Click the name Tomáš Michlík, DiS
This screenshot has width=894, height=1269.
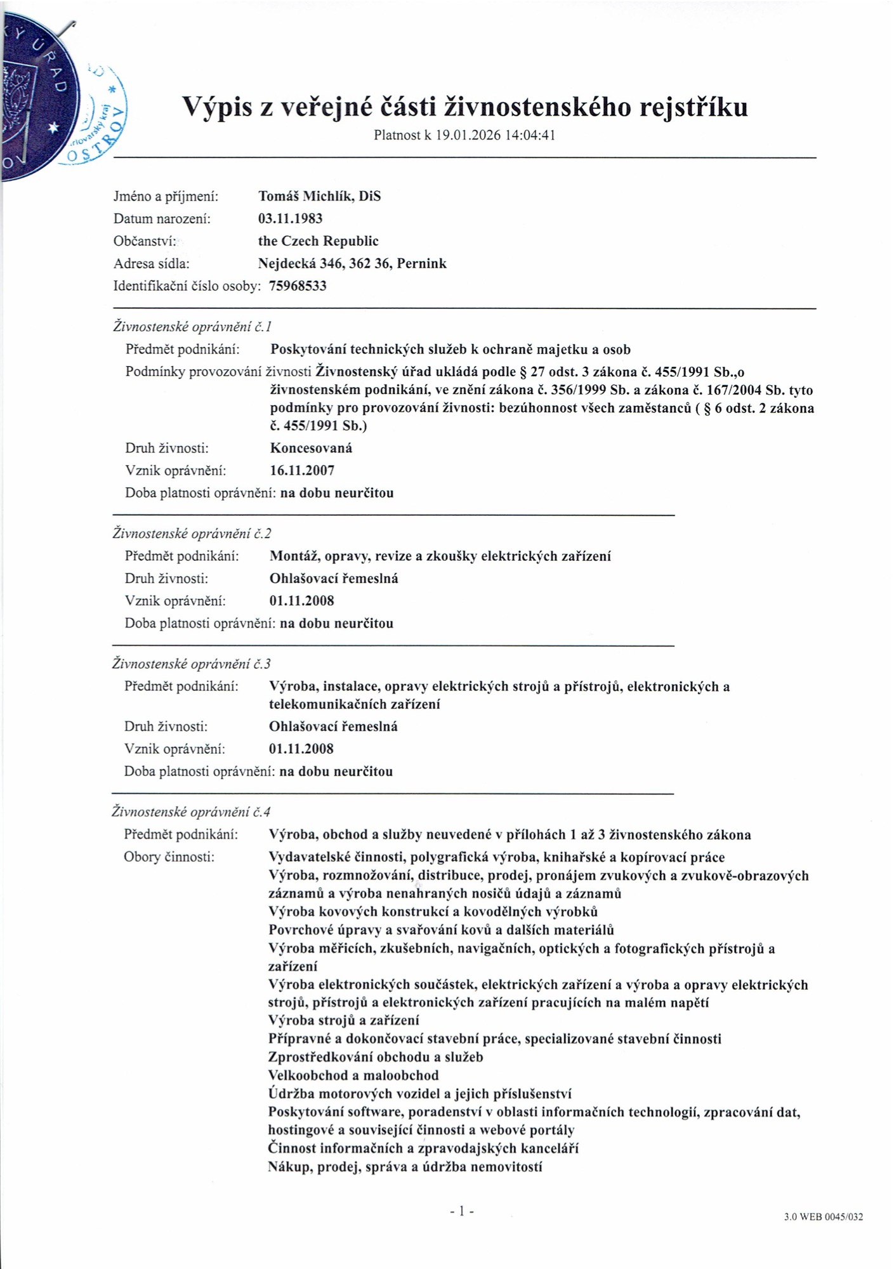click(320, 196)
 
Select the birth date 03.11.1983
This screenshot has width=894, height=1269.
click(291, 219)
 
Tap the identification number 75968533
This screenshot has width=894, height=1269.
click(298, 286)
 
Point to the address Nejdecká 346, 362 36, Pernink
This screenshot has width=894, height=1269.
click(353, 263)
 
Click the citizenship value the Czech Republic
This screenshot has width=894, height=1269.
click(319, 241)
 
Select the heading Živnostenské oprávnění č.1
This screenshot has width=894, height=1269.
click(192, 327)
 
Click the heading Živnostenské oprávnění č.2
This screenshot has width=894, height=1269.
click(192, 534)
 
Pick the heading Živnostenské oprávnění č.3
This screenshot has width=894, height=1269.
click(192, 664)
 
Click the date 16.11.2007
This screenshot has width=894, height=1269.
click(302, 471)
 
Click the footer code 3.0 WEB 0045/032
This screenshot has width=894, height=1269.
click(823, 1217)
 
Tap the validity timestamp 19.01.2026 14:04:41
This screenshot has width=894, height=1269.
click(495, 135)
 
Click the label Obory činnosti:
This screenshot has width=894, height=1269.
click(169, 857)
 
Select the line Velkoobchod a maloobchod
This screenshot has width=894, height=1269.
click(353, 1075)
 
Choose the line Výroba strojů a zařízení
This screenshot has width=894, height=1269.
click(344, 1021)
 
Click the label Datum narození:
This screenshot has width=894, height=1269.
click(162, 219)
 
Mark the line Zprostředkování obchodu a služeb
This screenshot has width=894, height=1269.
click(376, 1057)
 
